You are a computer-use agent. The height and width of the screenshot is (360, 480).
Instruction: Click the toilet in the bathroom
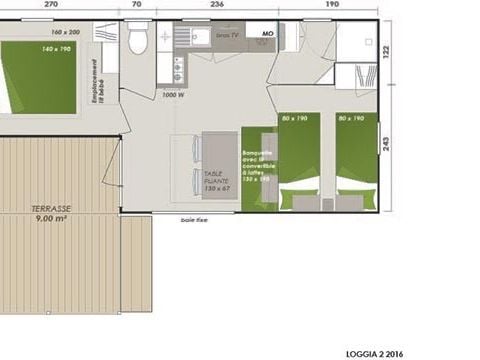coord(139,41)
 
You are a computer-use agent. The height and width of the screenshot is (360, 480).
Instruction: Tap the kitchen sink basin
coord(200,39)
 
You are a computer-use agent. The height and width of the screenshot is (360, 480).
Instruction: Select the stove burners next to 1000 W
coord(179,70)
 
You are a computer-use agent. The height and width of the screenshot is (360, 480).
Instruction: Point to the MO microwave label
coord(267,34)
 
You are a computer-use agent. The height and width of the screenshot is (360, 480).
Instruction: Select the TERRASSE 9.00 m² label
coord(50,211)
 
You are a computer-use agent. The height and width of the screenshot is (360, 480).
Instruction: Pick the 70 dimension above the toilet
coord(137,4)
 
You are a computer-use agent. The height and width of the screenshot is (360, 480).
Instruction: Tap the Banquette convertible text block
coord(258,166)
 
